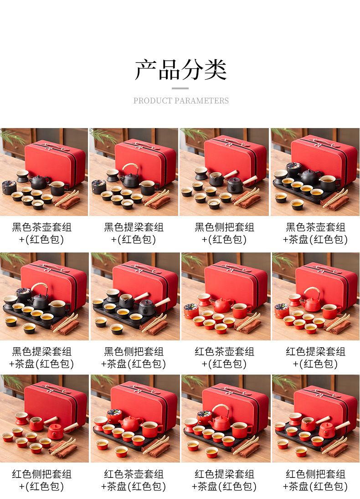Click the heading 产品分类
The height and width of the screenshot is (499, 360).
(x=180, y=69)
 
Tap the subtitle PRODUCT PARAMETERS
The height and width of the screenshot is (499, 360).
(x=181, y=101)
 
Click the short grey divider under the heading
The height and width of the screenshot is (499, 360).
(x=180, y=88)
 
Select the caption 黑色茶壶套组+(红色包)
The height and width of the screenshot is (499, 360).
(x=42, y=233)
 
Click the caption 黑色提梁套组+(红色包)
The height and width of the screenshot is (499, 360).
(x=134, y=233)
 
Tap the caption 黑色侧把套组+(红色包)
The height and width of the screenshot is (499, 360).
(x=224, y=233)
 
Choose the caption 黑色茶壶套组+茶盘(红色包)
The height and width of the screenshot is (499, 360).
(x=315, y=233)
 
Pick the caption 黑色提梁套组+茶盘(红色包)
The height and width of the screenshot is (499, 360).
(x=42, y=358)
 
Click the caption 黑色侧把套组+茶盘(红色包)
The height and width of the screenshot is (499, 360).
(x=134, y=358)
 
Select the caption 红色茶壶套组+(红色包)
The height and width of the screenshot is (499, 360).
(x=224, y=358)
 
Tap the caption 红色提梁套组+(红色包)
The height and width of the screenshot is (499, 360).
(x=315, y=358)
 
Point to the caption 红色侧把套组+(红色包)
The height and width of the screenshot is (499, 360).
(x=42, y=480)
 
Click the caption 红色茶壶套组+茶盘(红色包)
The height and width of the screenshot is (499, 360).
(x=134, y=480)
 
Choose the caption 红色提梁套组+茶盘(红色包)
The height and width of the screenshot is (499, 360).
(x=224, y=480)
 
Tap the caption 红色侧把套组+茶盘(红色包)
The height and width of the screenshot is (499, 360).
(x=315, y=480)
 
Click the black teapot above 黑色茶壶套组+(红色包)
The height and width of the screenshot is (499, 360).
(x=39, y=181)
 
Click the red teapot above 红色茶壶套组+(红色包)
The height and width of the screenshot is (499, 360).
(x=222, y=305)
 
